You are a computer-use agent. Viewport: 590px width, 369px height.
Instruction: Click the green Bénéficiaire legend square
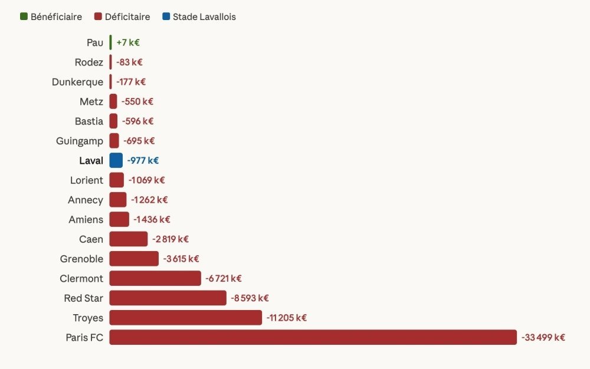point(24,17)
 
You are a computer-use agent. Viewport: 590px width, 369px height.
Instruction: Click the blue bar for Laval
point(116,160)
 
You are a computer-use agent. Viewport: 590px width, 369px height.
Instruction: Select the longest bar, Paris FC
point(313,337)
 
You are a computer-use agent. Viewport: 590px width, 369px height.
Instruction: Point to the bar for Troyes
point(185,318)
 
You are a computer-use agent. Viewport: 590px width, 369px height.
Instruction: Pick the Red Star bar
point(168,298)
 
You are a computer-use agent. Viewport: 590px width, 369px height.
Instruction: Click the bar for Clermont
point(155,278)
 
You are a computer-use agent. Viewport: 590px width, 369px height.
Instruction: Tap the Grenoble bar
point(134,259)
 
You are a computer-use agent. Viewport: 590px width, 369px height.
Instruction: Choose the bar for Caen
point(129,239)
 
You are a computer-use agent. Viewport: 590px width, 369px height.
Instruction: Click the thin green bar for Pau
point(110,42)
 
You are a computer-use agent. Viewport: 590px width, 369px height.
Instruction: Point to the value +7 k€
point(128,42)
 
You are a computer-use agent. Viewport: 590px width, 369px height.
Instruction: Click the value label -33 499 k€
point(543,337)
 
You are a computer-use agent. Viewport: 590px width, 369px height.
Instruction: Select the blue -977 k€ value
point(143,160)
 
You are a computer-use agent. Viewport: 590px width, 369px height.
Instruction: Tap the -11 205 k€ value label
point(286,318)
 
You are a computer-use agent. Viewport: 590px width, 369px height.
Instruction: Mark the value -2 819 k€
point(171,239)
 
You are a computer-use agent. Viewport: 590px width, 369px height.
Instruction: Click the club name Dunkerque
point(77,82)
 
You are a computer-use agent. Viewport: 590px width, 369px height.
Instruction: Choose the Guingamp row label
point(80,141)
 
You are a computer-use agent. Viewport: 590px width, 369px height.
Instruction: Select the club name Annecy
point(86,200)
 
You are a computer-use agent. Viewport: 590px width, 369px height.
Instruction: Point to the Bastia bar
point(113,121)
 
